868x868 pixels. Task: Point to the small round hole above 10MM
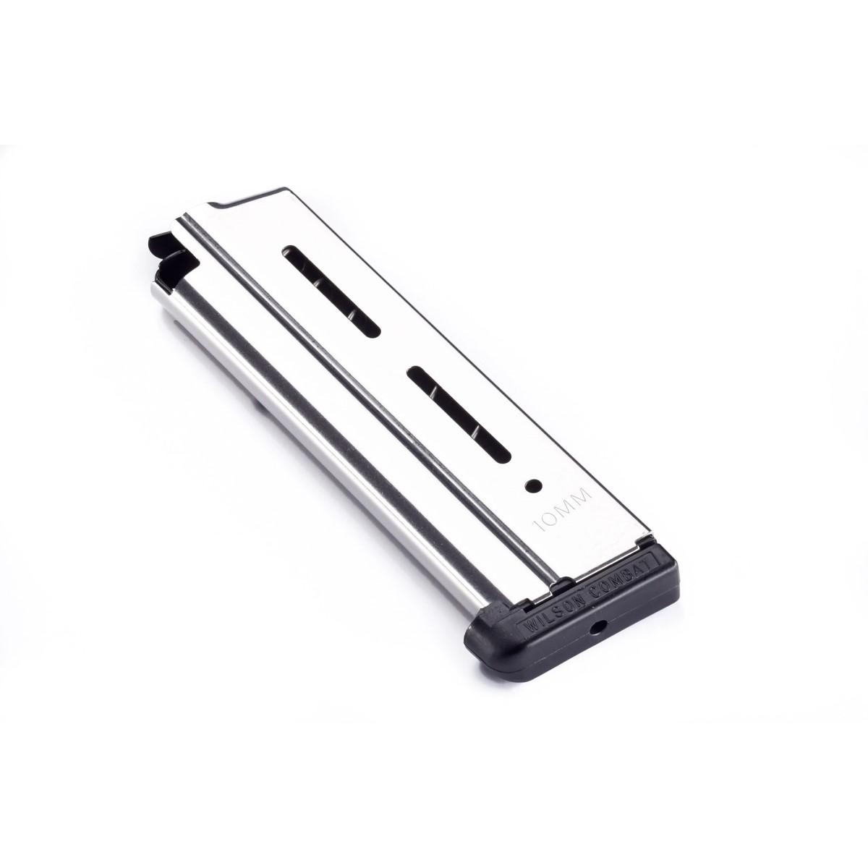(x=533, y=484)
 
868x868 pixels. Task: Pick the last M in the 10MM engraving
(x=584, y=496)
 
